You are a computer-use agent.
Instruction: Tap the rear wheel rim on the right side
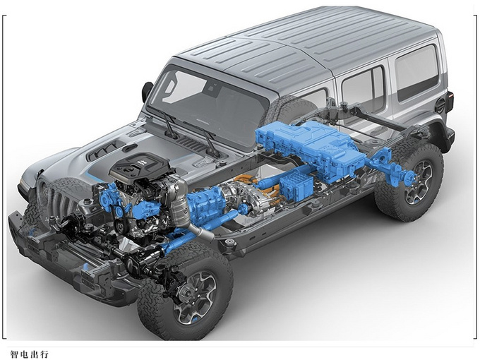pyautogui.click(x=419, y=184)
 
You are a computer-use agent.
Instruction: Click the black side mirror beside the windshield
pyautogui.click(x=148, y=92)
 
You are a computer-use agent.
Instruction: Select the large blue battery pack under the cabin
pyautogui.click(x=309, y=146)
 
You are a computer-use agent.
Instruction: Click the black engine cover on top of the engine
pyautogui.click(x=140, y=167)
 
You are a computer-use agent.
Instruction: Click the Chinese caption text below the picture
pyautogui.click(x=30, y=354)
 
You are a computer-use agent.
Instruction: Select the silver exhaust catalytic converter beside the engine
pyautogui.click(x=179, y=205)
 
